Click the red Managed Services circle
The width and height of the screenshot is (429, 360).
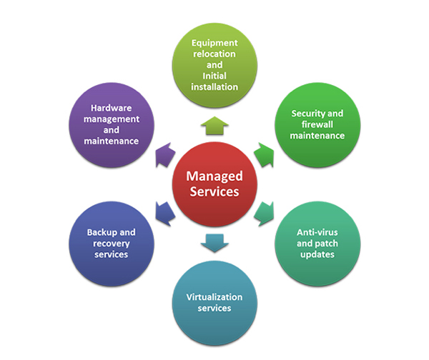214,184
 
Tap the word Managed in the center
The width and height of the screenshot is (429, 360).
214,176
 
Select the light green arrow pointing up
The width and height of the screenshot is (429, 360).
214,126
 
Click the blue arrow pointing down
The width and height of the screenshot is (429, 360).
214,243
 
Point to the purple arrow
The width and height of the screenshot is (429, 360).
165,155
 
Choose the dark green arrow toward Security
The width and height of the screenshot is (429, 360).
264,155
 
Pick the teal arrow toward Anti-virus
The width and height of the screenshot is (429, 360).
264,214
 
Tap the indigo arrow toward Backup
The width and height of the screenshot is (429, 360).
165,214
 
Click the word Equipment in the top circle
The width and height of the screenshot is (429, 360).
214,43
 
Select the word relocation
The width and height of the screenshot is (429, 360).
214,54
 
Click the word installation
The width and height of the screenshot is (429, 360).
214,87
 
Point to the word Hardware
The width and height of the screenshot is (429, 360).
111,108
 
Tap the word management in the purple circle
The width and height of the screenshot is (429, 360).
112,119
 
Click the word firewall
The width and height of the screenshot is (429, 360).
317,124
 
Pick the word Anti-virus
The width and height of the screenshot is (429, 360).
317,232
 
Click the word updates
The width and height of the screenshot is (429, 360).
317,255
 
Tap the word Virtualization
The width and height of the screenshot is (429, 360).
214,297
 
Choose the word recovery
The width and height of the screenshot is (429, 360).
112,244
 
